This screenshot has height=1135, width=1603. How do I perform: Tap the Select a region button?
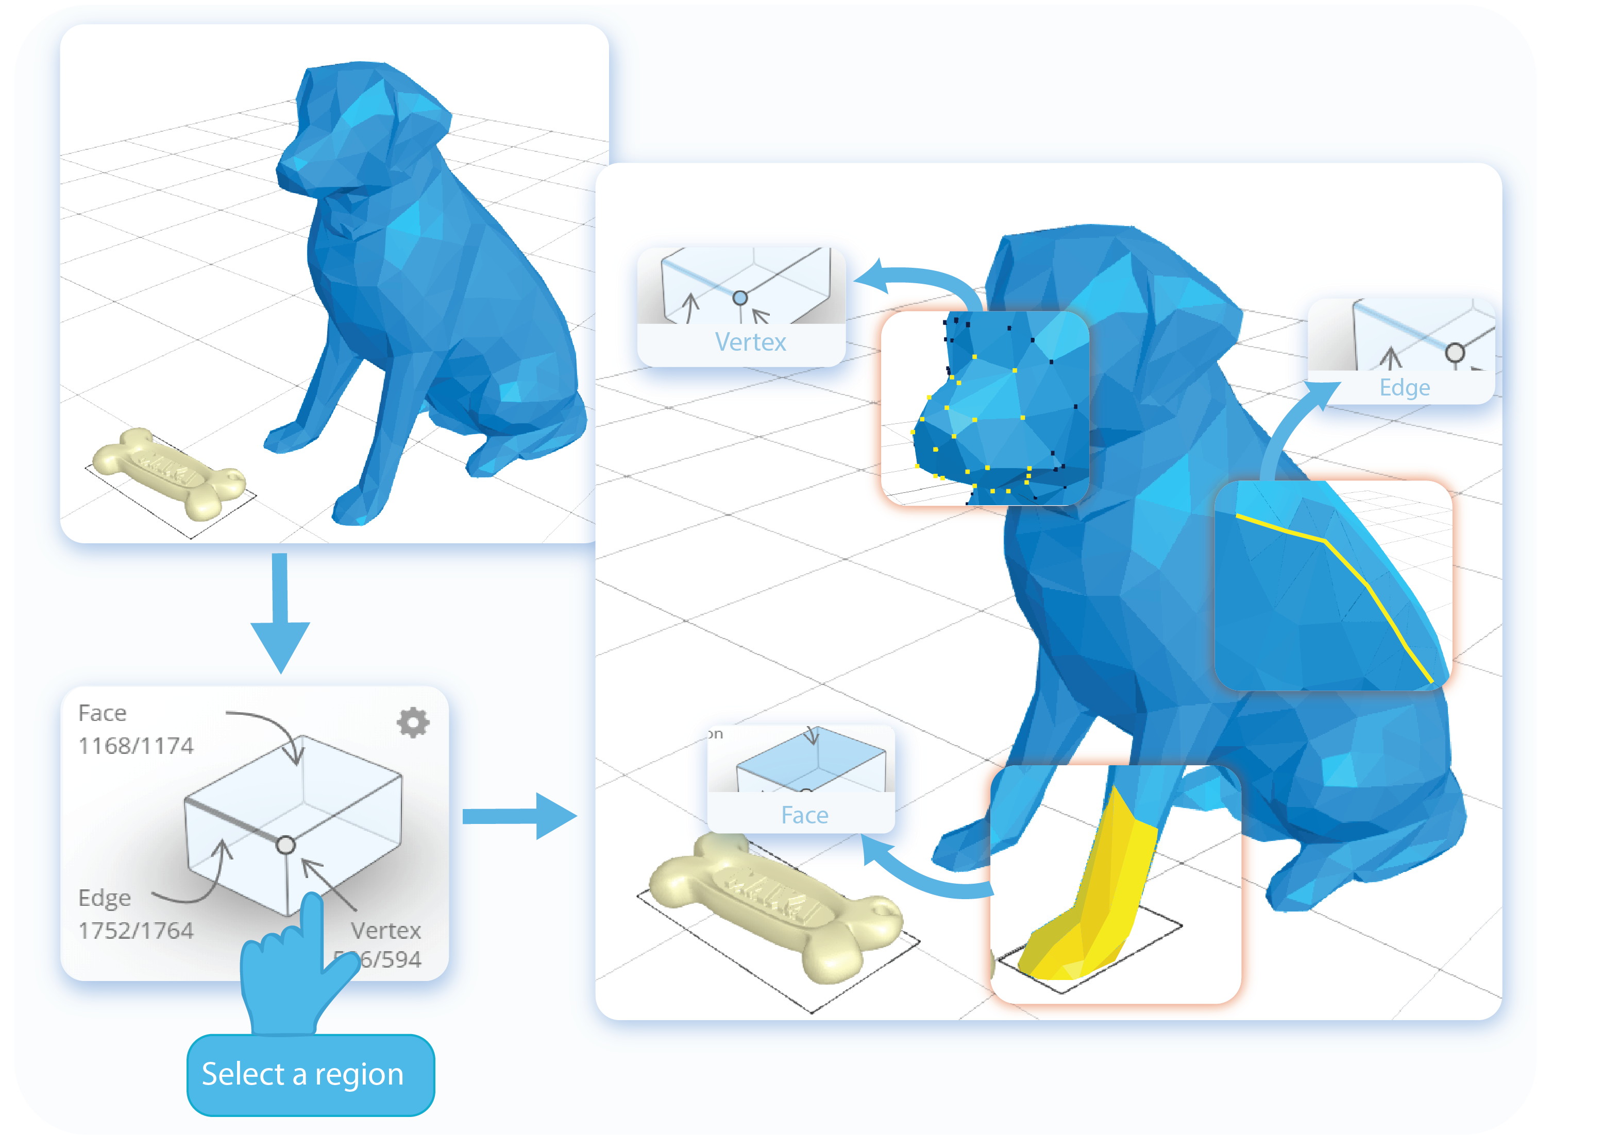click(310, 1074)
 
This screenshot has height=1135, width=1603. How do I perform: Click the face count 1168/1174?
click(136, 746)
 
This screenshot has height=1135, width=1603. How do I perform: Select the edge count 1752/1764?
click(136, 930)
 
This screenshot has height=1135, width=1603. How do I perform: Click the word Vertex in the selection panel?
click(386, 930)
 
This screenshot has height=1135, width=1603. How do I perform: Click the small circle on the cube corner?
click(285, 846)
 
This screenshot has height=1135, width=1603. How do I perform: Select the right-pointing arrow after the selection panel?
click(521, 816)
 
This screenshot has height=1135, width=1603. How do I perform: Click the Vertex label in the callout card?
click(750, 342)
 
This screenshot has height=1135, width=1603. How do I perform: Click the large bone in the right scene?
click(776, 905)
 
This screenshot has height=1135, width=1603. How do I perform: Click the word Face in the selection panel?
click(102, 713)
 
